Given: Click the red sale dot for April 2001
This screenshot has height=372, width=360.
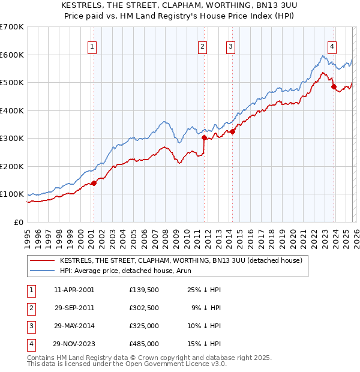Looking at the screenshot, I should pyautogui.click(x=94, y=183).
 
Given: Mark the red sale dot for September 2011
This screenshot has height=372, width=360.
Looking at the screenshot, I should pyautogui.click(x=204, y=137).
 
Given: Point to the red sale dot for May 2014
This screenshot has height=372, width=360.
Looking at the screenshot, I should pyautogui.click(x=232, y=132).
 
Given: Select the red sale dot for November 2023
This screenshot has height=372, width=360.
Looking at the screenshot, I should pyautogui.click(x=334, y=86).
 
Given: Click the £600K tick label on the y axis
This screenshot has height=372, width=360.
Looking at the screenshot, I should pyautogui.click(x=12, y=55).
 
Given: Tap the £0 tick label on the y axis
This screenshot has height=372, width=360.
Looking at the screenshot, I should pyautogui.click(x=19, y=222).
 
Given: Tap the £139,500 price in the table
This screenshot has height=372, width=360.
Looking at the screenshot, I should pyautogui.click(x=144, y=290).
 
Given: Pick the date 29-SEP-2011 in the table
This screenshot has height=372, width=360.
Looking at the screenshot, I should pyautogui.click(x=74, y=308).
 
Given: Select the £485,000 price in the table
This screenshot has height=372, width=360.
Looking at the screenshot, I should pyautogui.click(x=144, y=344).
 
